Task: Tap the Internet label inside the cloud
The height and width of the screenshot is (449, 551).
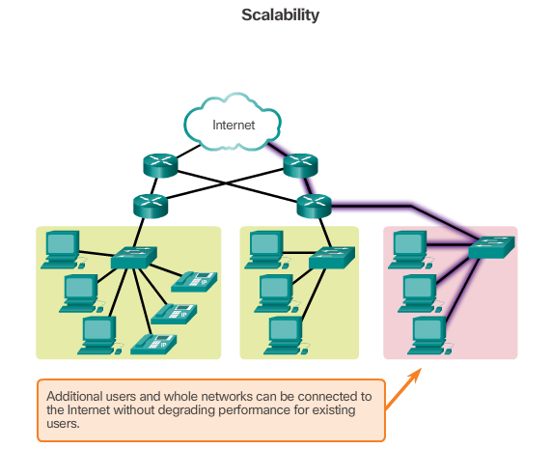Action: [x=233, y=124]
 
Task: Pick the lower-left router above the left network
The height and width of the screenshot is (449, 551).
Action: [x=151, y=204]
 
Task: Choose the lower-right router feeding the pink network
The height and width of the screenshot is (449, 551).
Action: [x=313, y=204]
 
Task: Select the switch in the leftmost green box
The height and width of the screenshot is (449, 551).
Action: [x=131, y=257]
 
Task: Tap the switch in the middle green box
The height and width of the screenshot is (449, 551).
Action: [x=329, y=259]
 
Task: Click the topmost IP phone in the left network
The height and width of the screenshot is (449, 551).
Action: [x=196, y=280]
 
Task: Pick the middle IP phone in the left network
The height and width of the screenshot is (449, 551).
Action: [x=175, y=312]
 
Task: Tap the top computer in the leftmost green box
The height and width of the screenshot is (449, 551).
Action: [x=62, y=247]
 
